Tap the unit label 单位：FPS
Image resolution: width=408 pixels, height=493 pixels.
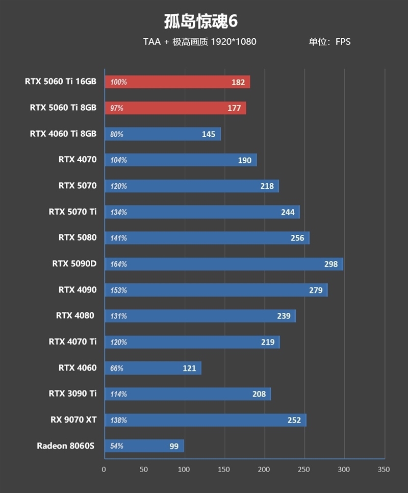point(329,42)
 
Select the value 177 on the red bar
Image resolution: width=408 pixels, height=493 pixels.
point(234,108)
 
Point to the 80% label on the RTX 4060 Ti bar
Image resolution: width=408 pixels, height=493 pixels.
point(117,134)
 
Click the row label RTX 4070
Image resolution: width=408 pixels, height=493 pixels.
point(77,159)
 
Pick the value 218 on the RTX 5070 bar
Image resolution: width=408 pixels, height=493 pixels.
point(267,186)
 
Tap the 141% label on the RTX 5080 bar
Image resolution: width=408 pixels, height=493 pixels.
point(118,238)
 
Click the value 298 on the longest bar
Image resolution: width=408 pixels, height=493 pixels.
point(331,264)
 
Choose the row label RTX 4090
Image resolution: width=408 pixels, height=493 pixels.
point(77,290)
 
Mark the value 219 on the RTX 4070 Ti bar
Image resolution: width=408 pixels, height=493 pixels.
point(268,342)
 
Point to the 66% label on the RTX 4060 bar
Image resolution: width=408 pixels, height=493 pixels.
point(117,368)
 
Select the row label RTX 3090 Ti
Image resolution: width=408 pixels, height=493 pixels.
point(72,393)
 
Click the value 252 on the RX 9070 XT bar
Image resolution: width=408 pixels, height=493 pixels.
point(294,421)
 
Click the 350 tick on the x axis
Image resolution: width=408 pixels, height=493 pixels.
point(384,470)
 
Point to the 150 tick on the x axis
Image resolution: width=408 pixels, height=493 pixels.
point(224,470)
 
